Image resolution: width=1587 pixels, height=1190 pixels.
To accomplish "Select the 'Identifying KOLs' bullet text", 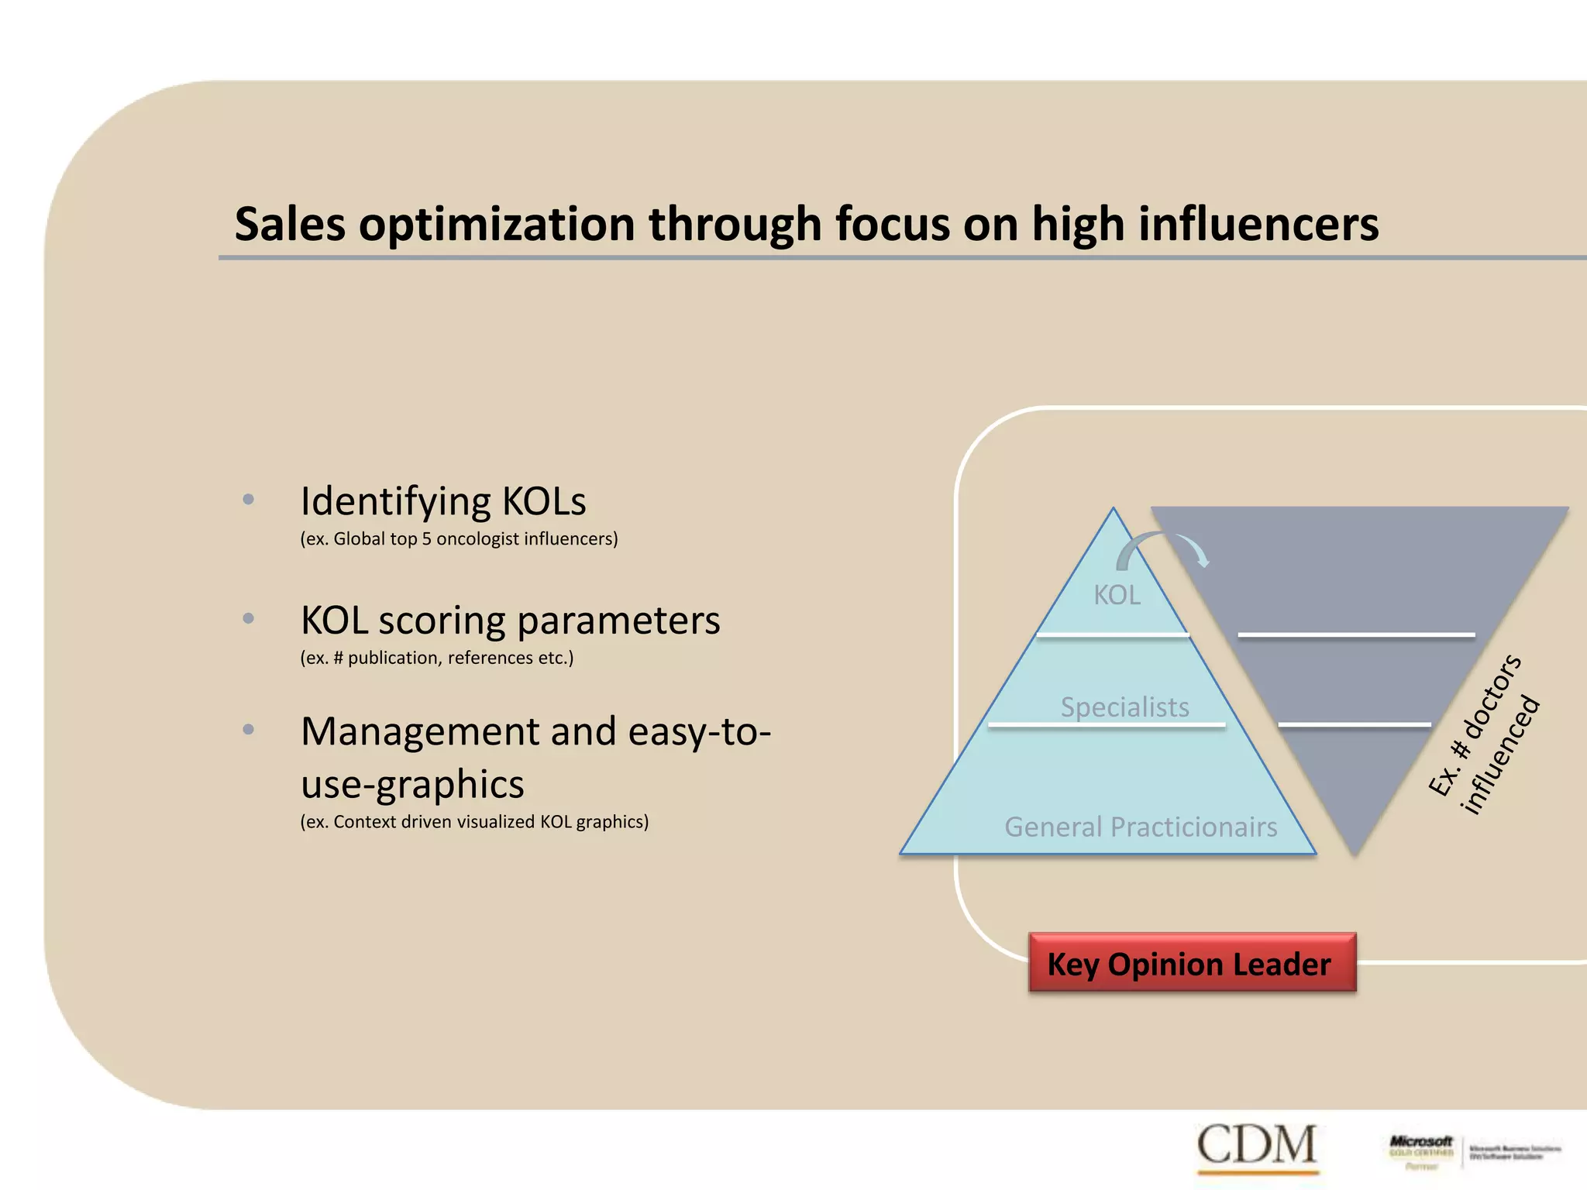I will coord(443,501).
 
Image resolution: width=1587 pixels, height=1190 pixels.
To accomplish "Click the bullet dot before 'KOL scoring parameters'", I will coord(248,619).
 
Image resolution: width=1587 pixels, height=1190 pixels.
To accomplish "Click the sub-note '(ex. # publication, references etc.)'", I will coord(437,658).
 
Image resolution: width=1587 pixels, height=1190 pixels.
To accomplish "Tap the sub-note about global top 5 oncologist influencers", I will coord(459,538).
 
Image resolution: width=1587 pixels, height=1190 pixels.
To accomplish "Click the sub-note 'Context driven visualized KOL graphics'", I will coord(474,821).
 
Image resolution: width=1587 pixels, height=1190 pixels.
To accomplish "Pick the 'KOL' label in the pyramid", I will coord(1117,595).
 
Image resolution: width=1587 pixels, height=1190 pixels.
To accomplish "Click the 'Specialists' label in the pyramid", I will coord(1124,707).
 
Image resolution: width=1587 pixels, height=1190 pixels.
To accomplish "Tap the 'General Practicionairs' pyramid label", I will coord(1141,827).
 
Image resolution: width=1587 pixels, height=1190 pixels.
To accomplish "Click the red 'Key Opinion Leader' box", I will coord(1192,963).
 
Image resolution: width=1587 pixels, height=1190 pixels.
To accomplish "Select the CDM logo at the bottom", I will coord(1256,1145).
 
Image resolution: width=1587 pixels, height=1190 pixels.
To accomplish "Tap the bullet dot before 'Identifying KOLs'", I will coord(248,500).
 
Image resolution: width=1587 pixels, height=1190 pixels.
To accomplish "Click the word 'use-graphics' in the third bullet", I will coord(412,784).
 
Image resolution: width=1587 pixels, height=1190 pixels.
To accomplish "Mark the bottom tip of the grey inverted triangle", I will coord(1355,855).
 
